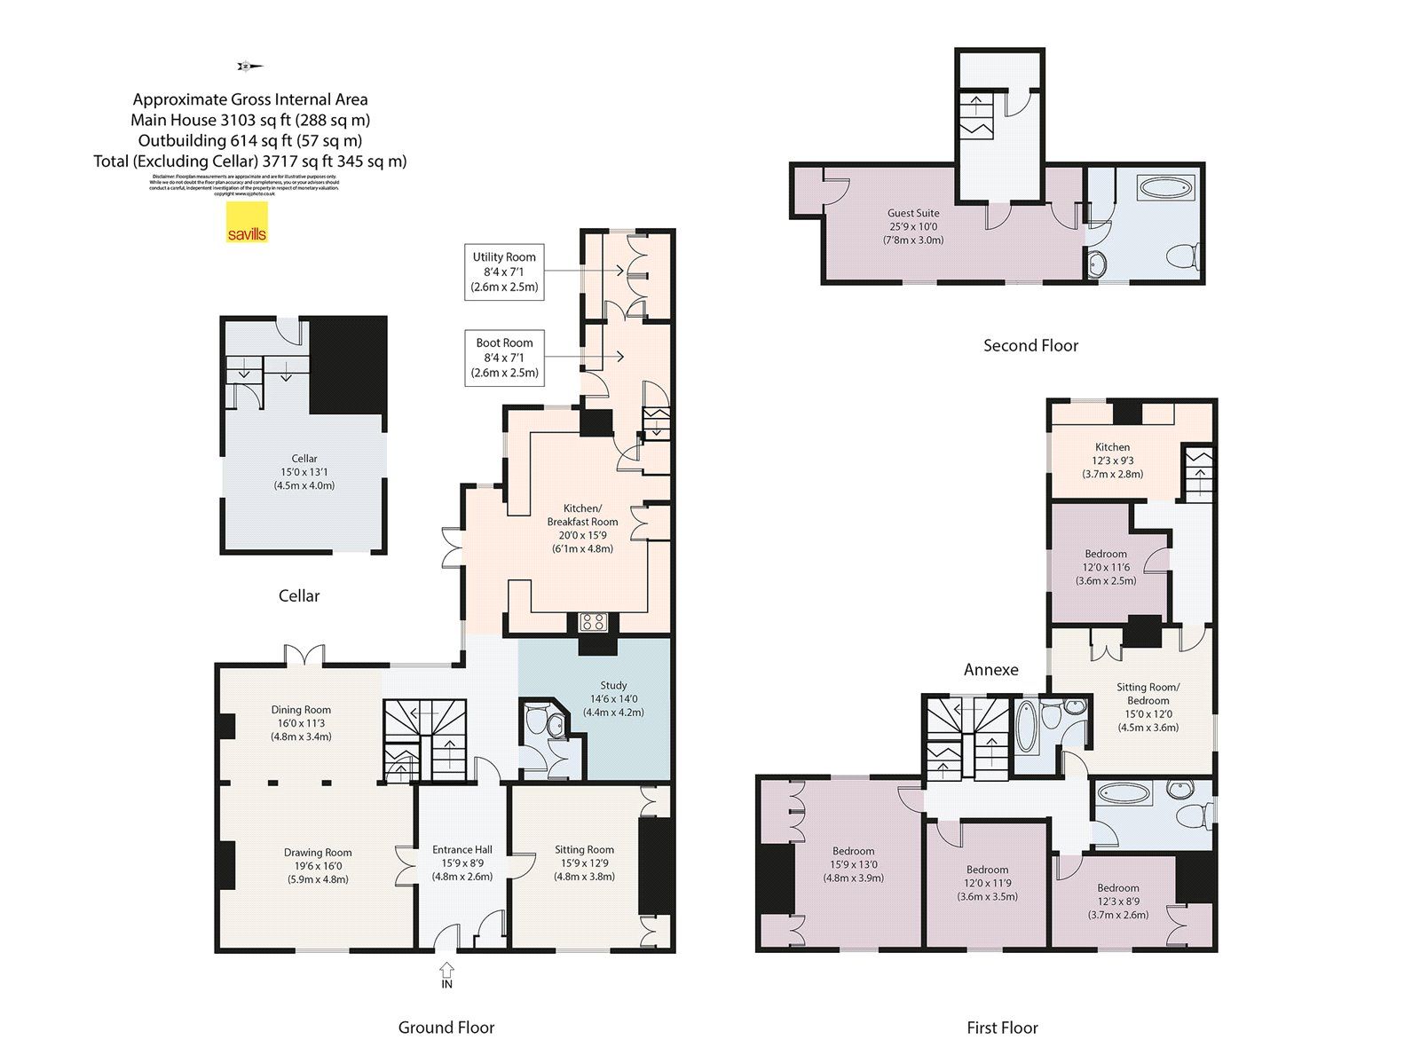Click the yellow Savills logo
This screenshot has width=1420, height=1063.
pyautogui.click(x=247, y=222)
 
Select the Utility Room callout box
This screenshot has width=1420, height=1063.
pyautogui.click(x=504, y=272)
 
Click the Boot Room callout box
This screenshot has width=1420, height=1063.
pyautogui.click(x=504, y=358)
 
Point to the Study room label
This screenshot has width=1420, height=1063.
pyautogui.click(x=613, y=698)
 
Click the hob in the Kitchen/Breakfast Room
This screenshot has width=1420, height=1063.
pyautogui.click(x=592, y=623)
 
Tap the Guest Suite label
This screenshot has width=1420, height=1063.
pyautogui.click(x=913, y=226)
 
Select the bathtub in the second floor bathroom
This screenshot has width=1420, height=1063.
pyautogui.click(x=1166, y=188)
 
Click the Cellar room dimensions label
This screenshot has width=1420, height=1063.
pyautogui.click(x=304, y=472)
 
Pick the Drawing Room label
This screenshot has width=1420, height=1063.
pyautogui.click(x=318, y=865)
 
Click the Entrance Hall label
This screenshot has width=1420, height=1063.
pyautogui.click(x=462, y=862)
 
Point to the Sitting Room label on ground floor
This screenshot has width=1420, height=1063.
pyautogui.click(x=584, y=862)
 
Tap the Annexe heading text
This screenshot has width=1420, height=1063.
pyautogui.click(x=990, y=670)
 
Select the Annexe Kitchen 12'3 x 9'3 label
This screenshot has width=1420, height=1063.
pyautogui.click(x=1112, y=460)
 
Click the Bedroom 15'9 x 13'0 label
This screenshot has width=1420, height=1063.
pyautogui.click(x=853, y=864)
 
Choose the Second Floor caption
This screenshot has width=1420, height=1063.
pyautogui.click(x=1030, y=346)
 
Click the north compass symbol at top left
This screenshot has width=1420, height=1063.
pyautogui.click(x=249, y=66)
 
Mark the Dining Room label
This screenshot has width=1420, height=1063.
pyautogui.click(x=301, y=722)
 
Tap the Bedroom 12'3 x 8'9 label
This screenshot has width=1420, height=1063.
pyautogui.click(x=1117, y=901)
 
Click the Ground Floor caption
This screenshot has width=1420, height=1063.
pyautogui.click(x=446, y=1028)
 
